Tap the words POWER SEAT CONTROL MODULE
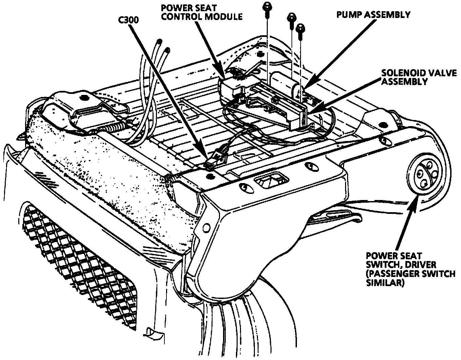pyautogui.click(x=201, y=12)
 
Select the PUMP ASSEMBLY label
pyautogui.click(x=373, y=15)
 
